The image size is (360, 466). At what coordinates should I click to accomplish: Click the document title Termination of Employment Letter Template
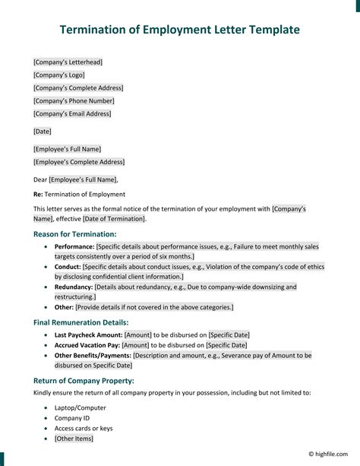pos(180,30)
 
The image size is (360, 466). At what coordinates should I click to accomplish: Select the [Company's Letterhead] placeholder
pos(68,62)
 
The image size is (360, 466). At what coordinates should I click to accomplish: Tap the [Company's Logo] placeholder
pos(59,74)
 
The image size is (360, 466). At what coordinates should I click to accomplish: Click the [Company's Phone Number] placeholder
pos(74,100)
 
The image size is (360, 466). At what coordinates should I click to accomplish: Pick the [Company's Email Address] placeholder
pos(72,113)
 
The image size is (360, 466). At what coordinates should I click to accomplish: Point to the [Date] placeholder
pos(43,132)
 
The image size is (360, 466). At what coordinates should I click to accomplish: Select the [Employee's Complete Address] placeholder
pos(79,162)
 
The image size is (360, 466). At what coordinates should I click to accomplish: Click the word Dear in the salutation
pos(40,179)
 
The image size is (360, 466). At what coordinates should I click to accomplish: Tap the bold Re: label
pos(38,195)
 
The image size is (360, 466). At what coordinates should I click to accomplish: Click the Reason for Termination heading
pos(75,234)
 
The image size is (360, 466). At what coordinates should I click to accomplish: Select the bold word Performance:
pos(74,247)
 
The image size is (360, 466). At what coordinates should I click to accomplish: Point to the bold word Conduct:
pos(68,267)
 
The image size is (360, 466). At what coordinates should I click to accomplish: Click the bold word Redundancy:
pos(74,287)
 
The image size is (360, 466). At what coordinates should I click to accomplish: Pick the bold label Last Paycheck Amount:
pos(88,334)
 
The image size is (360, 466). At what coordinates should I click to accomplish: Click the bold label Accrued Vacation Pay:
pos(87,344)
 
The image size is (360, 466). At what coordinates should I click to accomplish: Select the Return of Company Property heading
pos(84,380)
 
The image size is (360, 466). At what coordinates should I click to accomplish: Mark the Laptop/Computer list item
pos(81,408)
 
